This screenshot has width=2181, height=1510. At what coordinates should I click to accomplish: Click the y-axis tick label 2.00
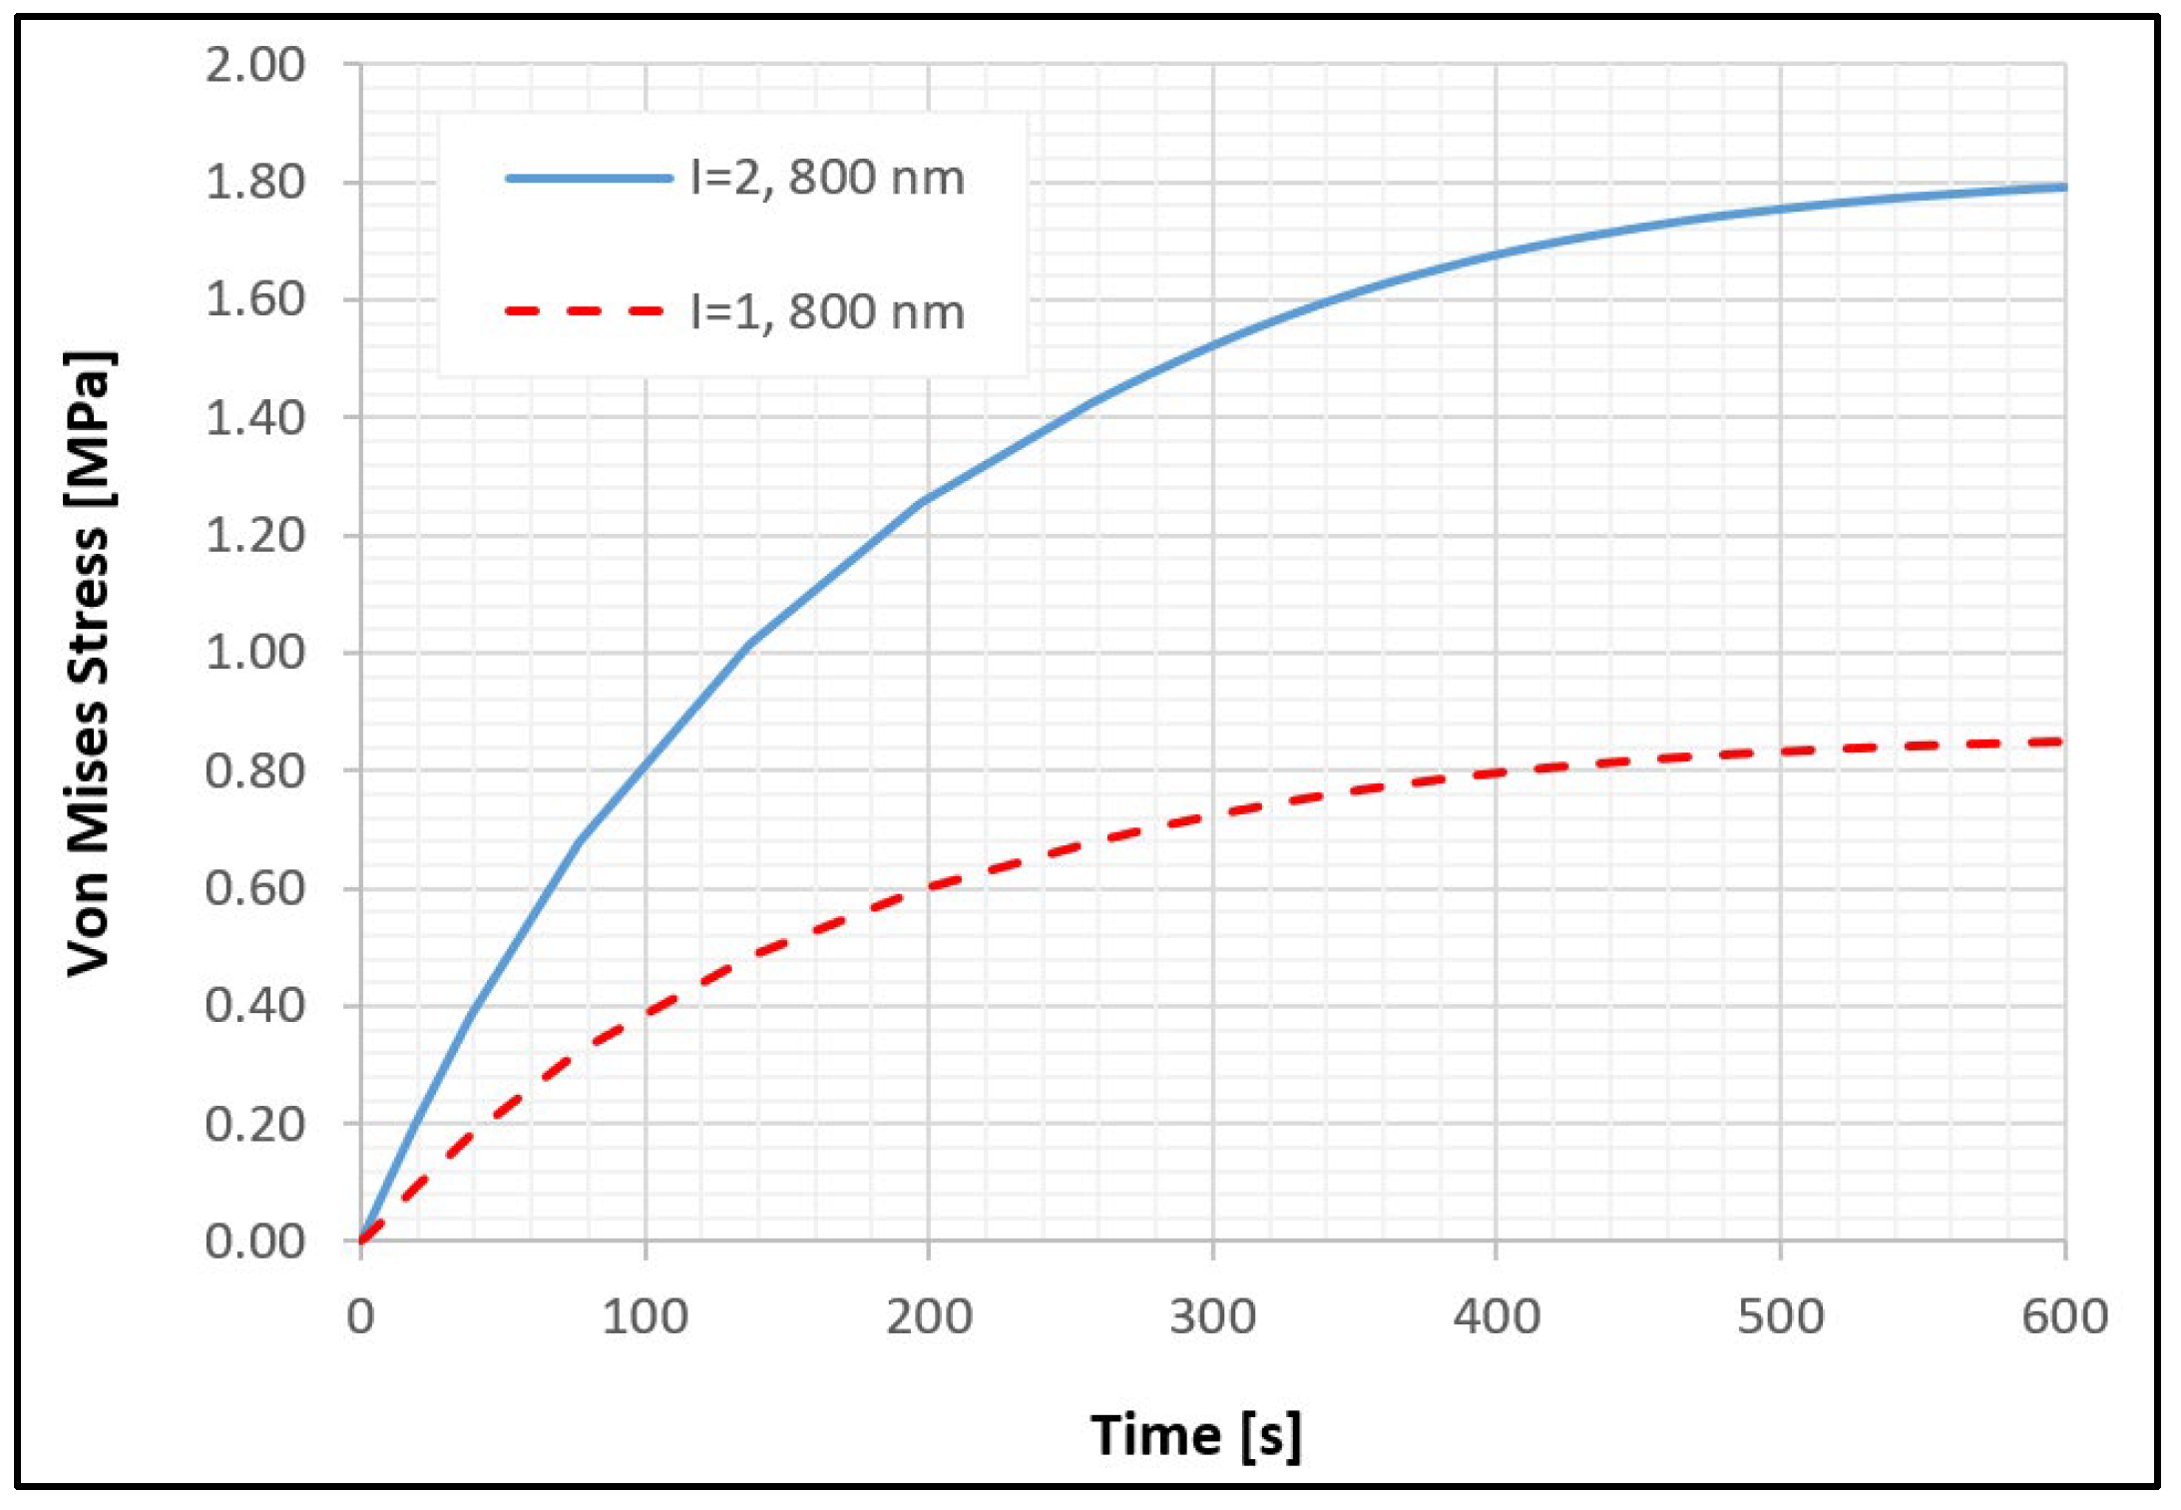(x=254, y=65)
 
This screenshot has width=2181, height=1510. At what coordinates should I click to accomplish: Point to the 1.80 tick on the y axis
(x=254, y=183)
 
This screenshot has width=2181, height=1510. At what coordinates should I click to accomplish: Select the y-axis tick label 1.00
(x=254, y=653)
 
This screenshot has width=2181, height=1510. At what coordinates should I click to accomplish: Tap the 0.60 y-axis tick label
(x=254, y=888)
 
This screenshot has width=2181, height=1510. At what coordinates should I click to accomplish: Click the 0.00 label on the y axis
(x=254, y=1242)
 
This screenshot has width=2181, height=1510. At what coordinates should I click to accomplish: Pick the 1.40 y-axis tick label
(x=254, y=418)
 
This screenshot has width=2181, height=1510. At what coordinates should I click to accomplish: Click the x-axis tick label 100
(x=645, y=1316)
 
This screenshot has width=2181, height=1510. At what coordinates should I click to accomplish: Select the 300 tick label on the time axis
(x=1212, y=1316)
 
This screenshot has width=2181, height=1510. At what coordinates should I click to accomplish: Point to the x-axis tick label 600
(x=2064, y=1316)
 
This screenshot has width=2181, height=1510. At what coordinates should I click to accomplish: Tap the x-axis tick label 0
(x=360, y=1316)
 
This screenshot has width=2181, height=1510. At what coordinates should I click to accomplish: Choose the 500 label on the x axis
(x=1780, y=1316)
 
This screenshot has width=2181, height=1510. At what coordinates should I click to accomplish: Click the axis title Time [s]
(x=1195, y=1435)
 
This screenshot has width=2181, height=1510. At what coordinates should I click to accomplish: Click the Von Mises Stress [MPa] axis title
(x=89, y=663)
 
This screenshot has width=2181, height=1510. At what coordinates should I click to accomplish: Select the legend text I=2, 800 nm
(x=827, y=179)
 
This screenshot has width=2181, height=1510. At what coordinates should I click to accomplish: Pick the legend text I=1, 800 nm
(x=827, y=312)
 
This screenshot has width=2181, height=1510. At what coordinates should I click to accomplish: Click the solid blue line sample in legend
(x=589, y=179)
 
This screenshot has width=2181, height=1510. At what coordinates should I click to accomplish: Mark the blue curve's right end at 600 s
(x=2062, y=188)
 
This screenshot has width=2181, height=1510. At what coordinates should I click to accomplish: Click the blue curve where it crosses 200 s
(x=928, y=498)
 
